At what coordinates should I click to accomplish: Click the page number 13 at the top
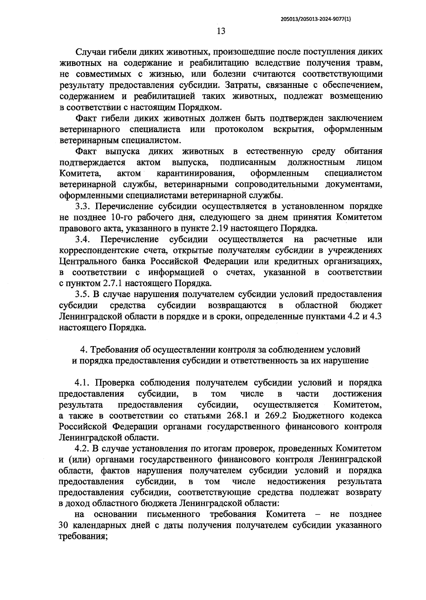[x=221, y=31]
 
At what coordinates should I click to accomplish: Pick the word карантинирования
[x=196, y=173]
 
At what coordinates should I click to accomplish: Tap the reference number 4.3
[x=376, y=316]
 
